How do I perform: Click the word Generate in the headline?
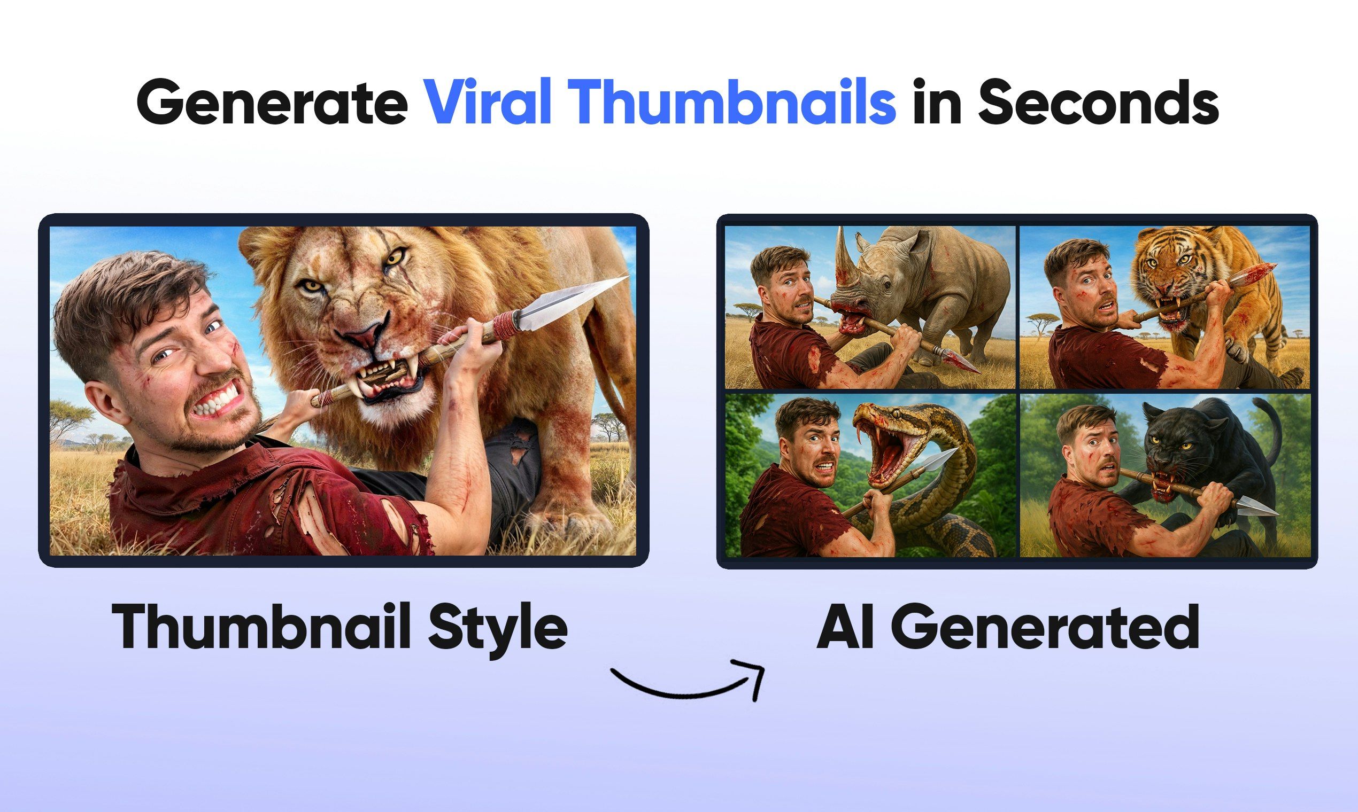(272, 103)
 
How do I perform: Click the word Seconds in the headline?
(1099, 103)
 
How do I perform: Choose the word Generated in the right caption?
(1045, 628)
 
